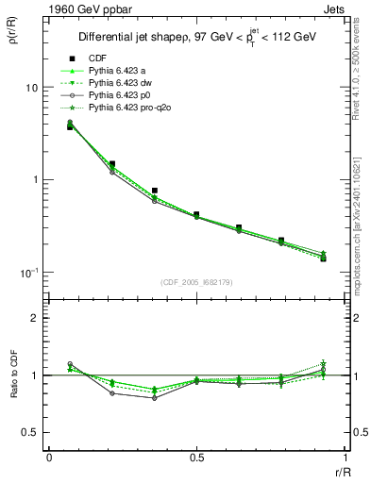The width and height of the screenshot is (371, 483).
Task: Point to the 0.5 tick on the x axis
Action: (196, 458)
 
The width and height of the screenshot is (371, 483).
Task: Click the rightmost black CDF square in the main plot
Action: (323, 258)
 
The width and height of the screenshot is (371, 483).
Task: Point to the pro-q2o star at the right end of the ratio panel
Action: (323, 364)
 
